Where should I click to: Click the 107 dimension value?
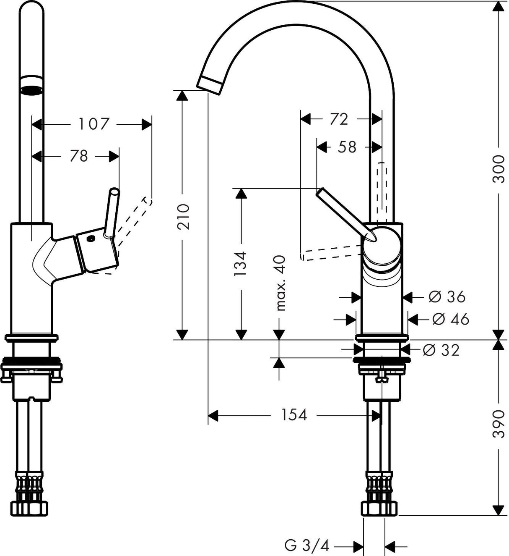[x=93, y=124]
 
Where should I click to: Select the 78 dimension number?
[x=78, y=156]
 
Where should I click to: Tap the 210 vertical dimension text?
[x=184, y=217]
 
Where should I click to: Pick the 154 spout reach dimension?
[x=294, y=415]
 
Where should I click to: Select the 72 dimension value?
[x=339, y=119]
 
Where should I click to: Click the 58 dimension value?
[x=347, y=147]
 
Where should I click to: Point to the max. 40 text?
[x=280, y=283]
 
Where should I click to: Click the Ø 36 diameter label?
[x=447, y=297]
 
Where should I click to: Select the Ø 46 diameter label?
[x=450, y=319]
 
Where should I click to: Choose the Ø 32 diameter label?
[x=441, y=350]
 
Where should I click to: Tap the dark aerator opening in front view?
[x=32, y=89]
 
